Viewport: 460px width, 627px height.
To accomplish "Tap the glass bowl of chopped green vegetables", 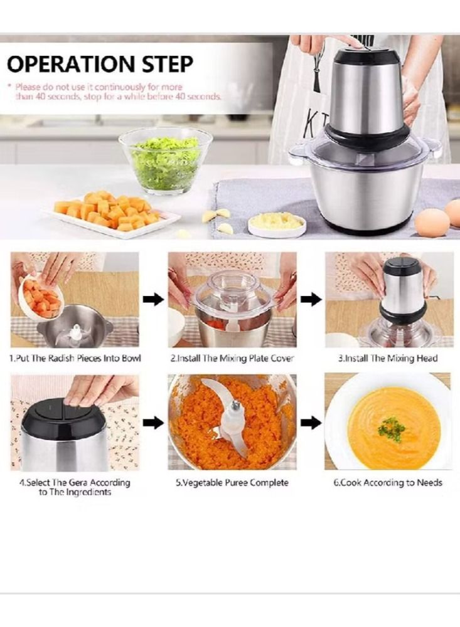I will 166,161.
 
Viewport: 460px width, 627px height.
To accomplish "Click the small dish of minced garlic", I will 277,223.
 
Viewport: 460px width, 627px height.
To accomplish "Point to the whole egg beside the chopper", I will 432,223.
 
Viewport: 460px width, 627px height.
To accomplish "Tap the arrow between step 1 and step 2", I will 153,300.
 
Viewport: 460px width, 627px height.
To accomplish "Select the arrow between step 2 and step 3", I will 311,300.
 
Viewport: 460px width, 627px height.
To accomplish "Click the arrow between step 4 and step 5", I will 153,423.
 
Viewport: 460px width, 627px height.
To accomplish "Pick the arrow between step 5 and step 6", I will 311,423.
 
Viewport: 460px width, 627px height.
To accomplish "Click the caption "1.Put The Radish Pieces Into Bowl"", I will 75,359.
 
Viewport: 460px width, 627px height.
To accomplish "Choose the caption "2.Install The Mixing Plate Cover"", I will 232,359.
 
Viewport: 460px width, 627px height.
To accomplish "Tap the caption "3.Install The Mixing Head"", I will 388,359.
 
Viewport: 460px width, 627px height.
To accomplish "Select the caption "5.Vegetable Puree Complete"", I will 232,483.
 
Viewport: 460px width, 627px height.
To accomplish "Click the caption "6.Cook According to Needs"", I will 387,483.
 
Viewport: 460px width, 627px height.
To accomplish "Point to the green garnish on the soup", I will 391,429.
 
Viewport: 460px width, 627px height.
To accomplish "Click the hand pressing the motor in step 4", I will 100,389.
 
